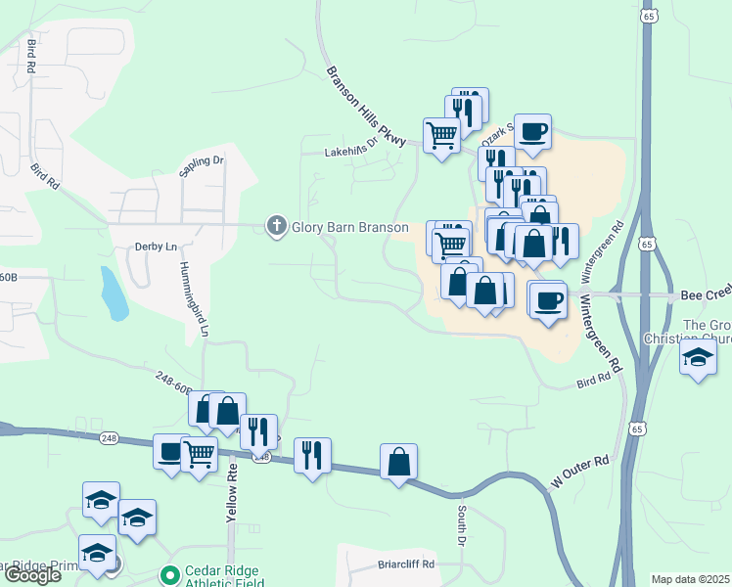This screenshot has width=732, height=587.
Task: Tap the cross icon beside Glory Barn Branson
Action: pyautogui.click(x=277, y=227)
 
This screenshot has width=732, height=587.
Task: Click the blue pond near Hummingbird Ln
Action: pyautogui.click(x=114, y=293)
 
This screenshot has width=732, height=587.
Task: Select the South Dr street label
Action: pyautogui.click(x=461, y=525)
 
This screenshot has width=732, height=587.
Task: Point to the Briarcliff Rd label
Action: pyautogui.click(x=405, y=564)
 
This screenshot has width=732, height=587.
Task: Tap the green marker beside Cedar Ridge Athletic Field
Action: pyautogui.click(x=170, y=574)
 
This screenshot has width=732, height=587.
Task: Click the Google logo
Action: pyautogui.click(x=31, y=575)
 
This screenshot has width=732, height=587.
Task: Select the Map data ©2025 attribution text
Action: pyautogui.click(x=690, y=579)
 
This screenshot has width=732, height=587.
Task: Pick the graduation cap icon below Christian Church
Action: pyautogui.click(x=699, y=357)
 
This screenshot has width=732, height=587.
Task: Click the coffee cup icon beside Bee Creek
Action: pyautogui.click(x=549, y=298)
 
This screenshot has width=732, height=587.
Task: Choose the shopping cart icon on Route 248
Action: pyautogui.click(x=200, y=453)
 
